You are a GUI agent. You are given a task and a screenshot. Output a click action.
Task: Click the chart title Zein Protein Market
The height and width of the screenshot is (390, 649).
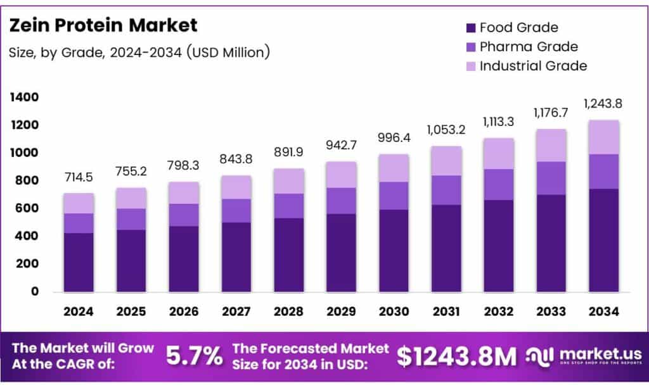[103, 25]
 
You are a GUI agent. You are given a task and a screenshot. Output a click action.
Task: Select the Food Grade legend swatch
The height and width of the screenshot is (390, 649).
[470, 28]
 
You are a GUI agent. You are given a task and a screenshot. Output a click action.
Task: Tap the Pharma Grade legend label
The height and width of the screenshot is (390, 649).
[529, 47]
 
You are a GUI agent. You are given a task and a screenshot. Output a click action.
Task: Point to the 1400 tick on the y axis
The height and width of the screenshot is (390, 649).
[24, 97]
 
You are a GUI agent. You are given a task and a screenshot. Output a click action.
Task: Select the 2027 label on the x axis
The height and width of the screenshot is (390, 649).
[236, 311]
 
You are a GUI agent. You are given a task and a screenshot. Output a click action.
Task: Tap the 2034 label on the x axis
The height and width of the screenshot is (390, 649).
[603, 311]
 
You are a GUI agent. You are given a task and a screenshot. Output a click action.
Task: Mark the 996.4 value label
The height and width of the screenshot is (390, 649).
[394, 137]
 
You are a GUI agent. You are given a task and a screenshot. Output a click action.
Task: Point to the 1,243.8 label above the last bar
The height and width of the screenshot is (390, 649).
[603, 104]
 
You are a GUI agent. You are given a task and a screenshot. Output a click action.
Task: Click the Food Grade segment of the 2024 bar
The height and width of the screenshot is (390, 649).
[79, 262]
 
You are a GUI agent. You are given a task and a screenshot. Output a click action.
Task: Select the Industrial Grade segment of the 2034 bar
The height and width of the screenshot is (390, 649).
[603, 137]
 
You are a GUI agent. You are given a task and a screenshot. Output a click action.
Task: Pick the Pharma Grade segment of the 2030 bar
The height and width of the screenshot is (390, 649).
[394, 196]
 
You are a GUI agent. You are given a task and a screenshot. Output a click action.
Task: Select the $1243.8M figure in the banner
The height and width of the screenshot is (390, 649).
[457, 357]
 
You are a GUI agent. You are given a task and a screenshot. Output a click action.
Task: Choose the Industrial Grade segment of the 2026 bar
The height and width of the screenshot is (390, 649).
[183, 193]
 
